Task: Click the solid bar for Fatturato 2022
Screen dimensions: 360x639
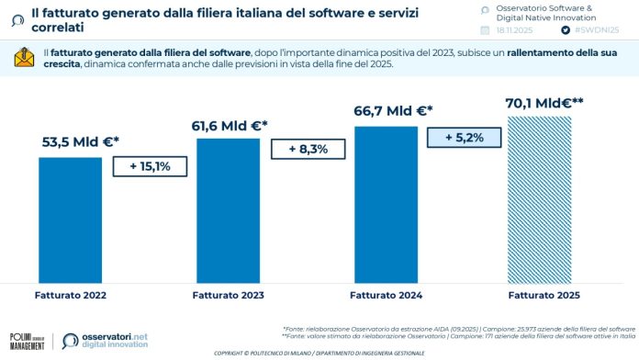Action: coord(71,217)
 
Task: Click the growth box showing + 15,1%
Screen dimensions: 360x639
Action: coord(150,166)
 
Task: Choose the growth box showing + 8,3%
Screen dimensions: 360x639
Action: coord(308,149)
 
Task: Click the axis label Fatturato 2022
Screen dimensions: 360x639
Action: coord(70,295)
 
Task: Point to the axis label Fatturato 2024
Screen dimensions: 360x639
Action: coord(387,295)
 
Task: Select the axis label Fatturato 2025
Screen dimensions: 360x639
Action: coord(544,295)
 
